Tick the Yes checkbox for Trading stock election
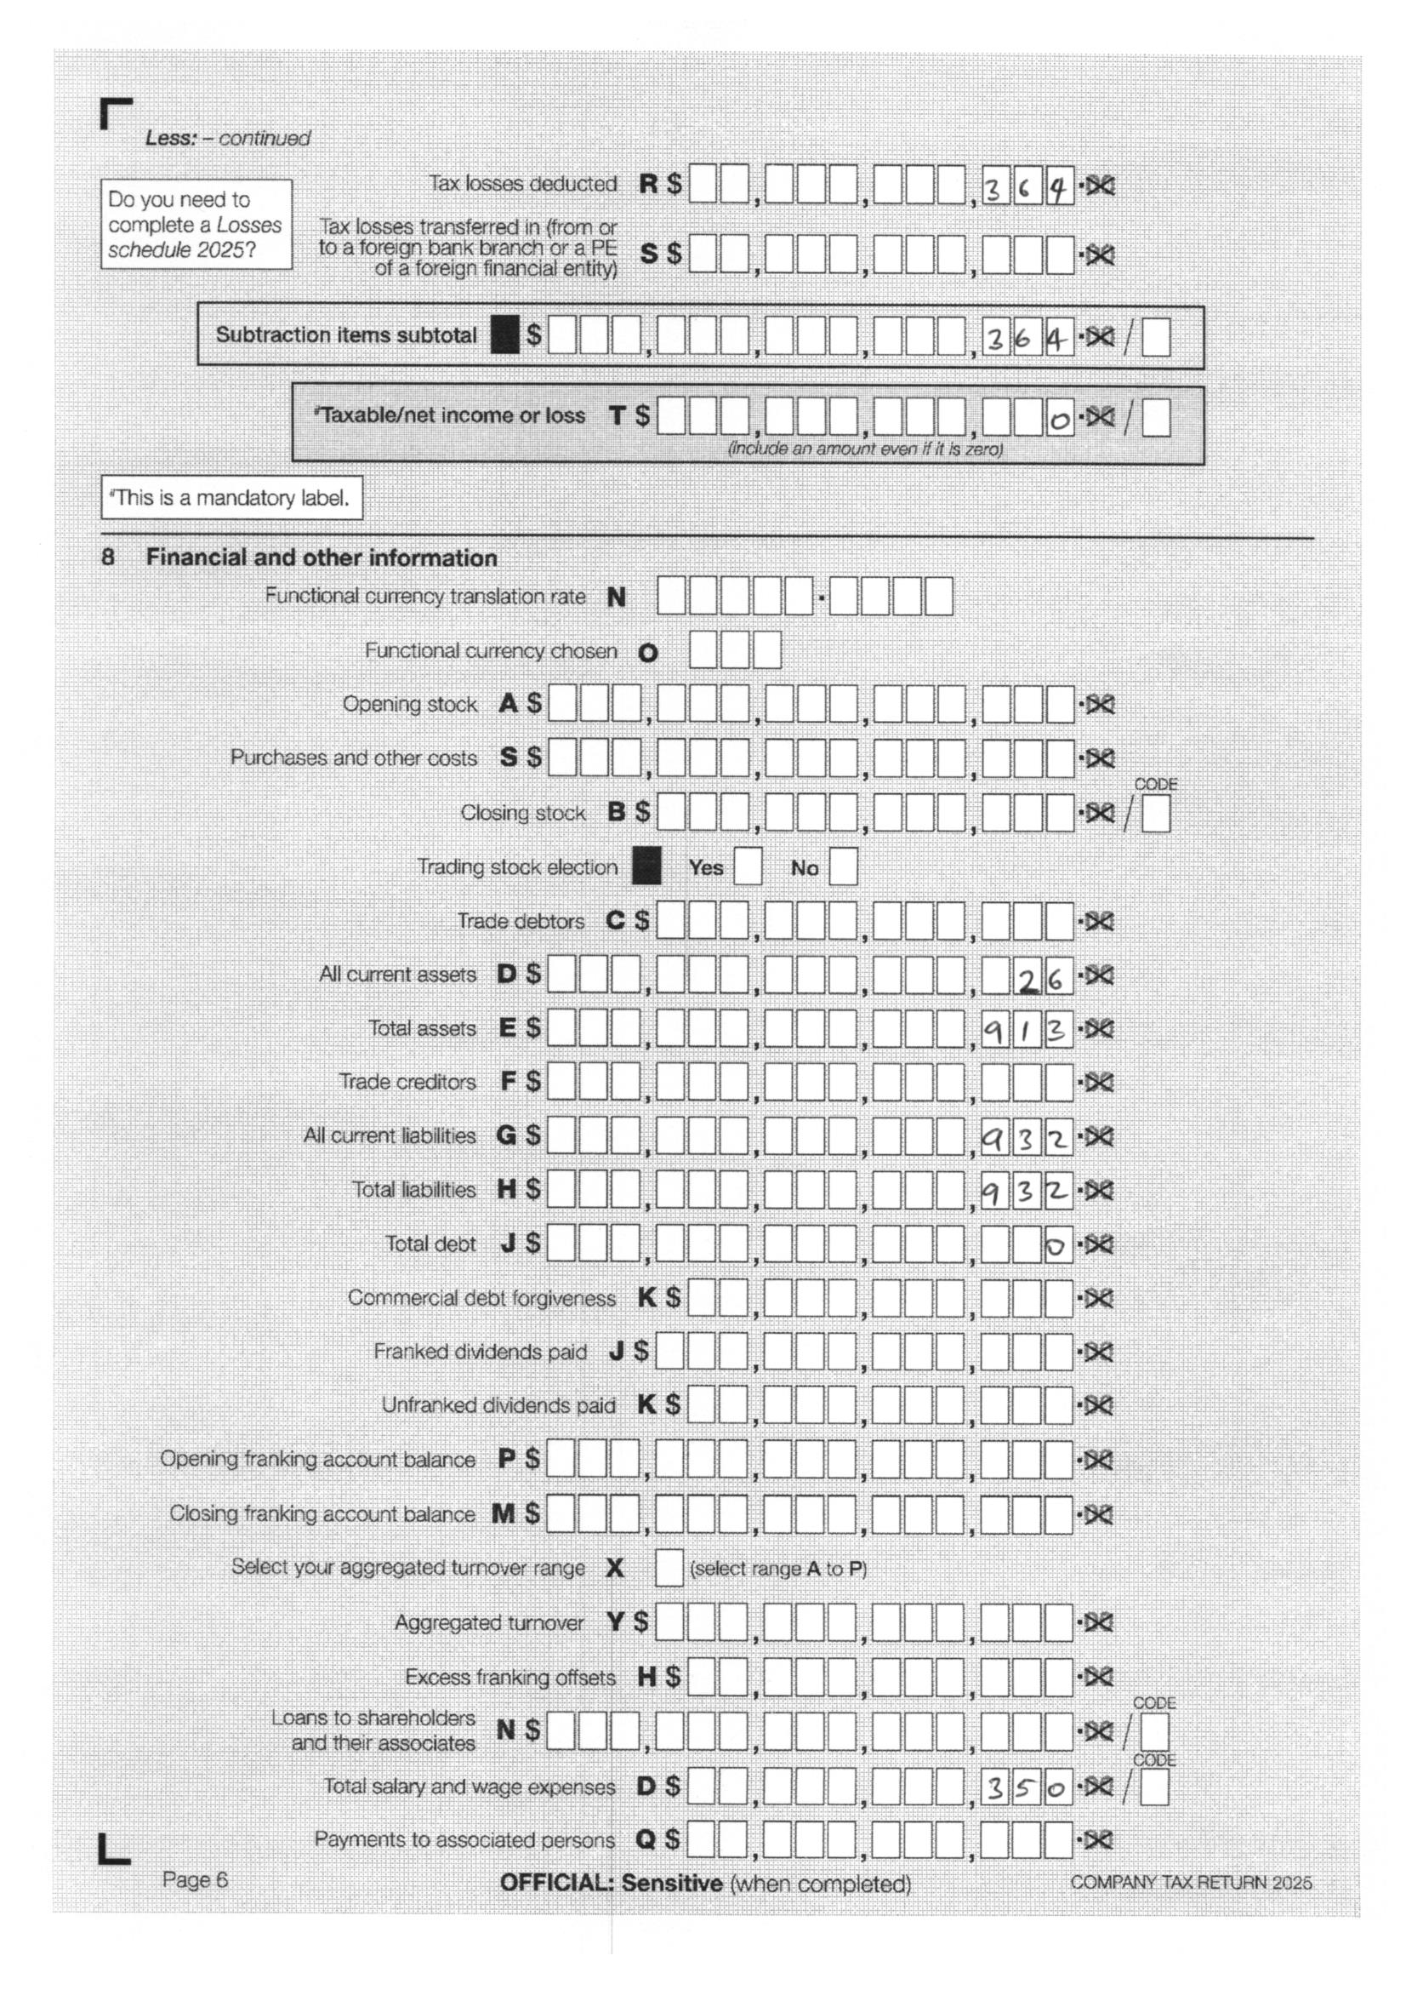point(748,866)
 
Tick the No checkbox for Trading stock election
point(843,866)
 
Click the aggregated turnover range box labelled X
point(669,1567)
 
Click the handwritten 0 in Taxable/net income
point(1059,421)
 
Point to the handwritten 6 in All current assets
point(1056,980)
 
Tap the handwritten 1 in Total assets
point(1026,1032)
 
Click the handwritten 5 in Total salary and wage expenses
point(1026,1789)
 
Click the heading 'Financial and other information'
point(322,558)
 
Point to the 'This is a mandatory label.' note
point(231,497)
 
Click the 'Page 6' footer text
point(195,1879)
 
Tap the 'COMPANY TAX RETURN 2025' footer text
point(1190,1883)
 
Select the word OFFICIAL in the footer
point(556,1883)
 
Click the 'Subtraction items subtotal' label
point(345,335)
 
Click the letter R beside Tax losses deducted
point(648,184)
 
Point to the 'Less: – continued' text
point(227,138)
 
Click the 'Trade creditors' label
point(407,1082)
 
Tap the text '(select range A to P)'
point(778,1569)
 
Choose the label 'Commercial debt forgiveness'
point(481,1297)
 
